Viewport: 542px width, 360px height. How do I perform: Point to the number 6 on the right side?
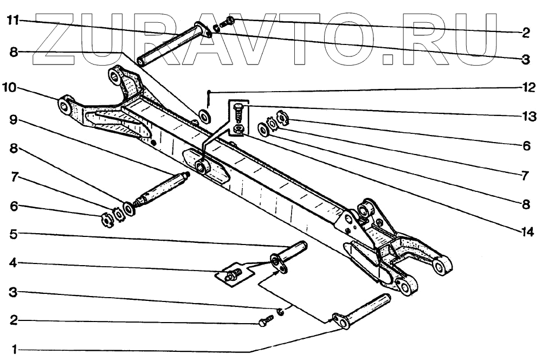click(525, 145)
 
